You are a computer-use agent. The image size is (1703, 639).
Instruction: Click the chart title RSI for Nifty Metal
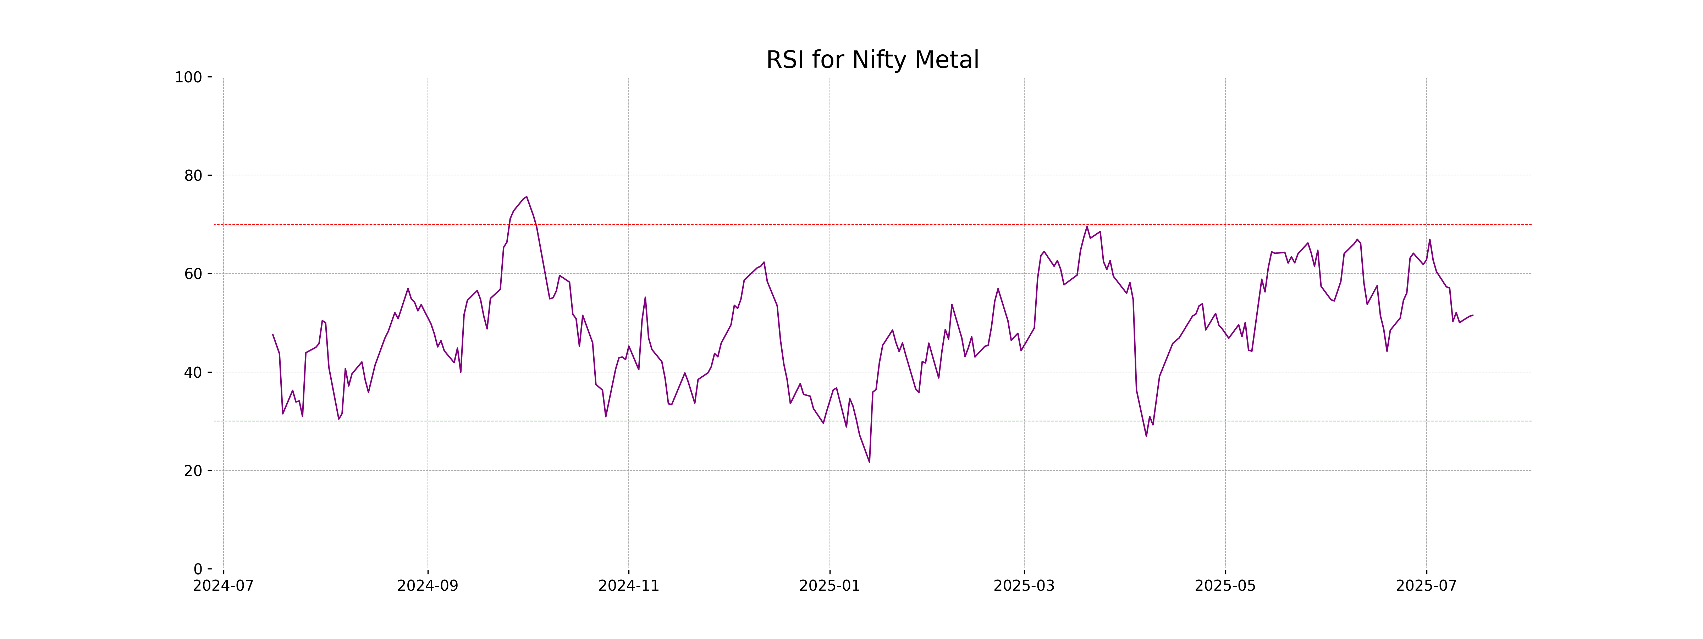[872, 60]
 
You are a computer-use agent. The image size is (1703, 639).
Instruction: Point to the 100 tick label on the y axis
[188, 77]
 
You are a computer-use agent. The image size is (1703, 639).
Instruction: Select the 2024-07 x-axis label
[224, 586]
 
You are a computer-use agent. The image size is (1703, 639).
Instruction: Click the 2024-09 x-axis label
[428, 586]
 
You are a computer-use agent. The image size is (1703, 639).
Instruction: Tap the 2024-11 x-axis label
[629, 586]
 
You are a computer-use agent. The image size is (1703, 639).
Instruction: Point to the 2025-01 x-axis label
[830, 586]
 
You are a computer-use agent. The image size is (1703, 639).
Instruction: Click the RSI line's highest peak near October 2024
[526, 197]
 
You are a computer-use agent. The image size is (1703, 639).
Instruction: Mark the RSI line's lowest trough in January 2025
[869, 462]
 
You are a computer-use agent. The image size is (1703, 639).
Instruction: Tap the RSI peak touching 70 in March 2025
[1087, 227]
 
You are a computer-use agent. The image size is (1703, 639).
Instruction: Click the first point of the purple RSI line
[273, 335]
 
